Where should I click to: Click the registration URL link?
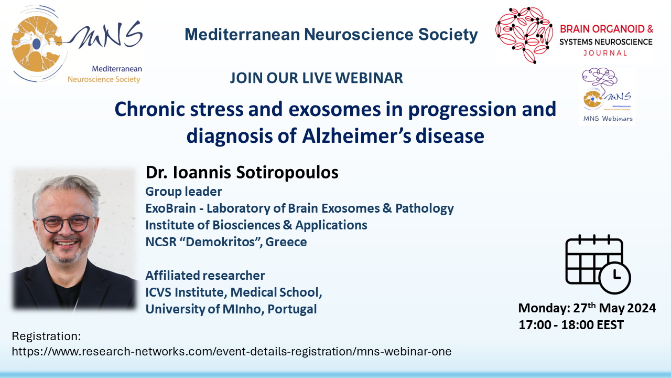pyautogui.click(x=232, y=351)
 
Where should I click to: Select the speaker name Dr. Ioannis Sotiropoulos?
pyautogui.click(x=242, y=172)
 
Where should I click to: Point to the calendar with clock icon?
pyautogui.click(x=598, y=264)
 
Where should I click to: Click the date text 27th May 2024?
pyautogui.click(x=614, y=308)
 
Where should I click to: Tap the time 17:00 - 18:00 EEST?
pyautogui.click(x=571, y=325)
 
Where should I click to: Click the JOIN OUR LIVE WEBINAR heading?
pyautogui.click(x=316, y=78)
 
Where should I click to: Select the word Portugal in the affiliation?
pyautogui.click(x=292, y=309)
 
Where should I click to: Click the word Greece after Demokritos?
pyautogui.click(x=286, y=242)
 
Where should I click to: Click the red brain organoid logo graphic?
pyautogui.click(x=524, y=35)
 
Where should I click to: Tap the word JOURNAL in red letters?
pyautogui.click(x=605, y=53)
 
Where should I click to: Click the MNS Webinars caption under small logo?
pyautogui.click(x=608, y=119)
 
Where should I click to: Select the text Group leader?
pyautogui.click(x=183, y=192)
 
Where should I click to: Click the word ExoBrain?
pyautogui.click(x=170, y=208)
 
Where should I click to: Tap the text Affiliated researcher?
pyautogui.click(x=205, y=276)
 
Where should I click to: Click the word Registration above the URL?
pyautogui.click(x=47, y=337)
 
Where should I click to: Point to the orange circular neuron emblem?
pyautogui.click(x=37, y=44)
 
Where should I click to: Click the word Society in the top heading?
pyautogui.click(x=448, y=35)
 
